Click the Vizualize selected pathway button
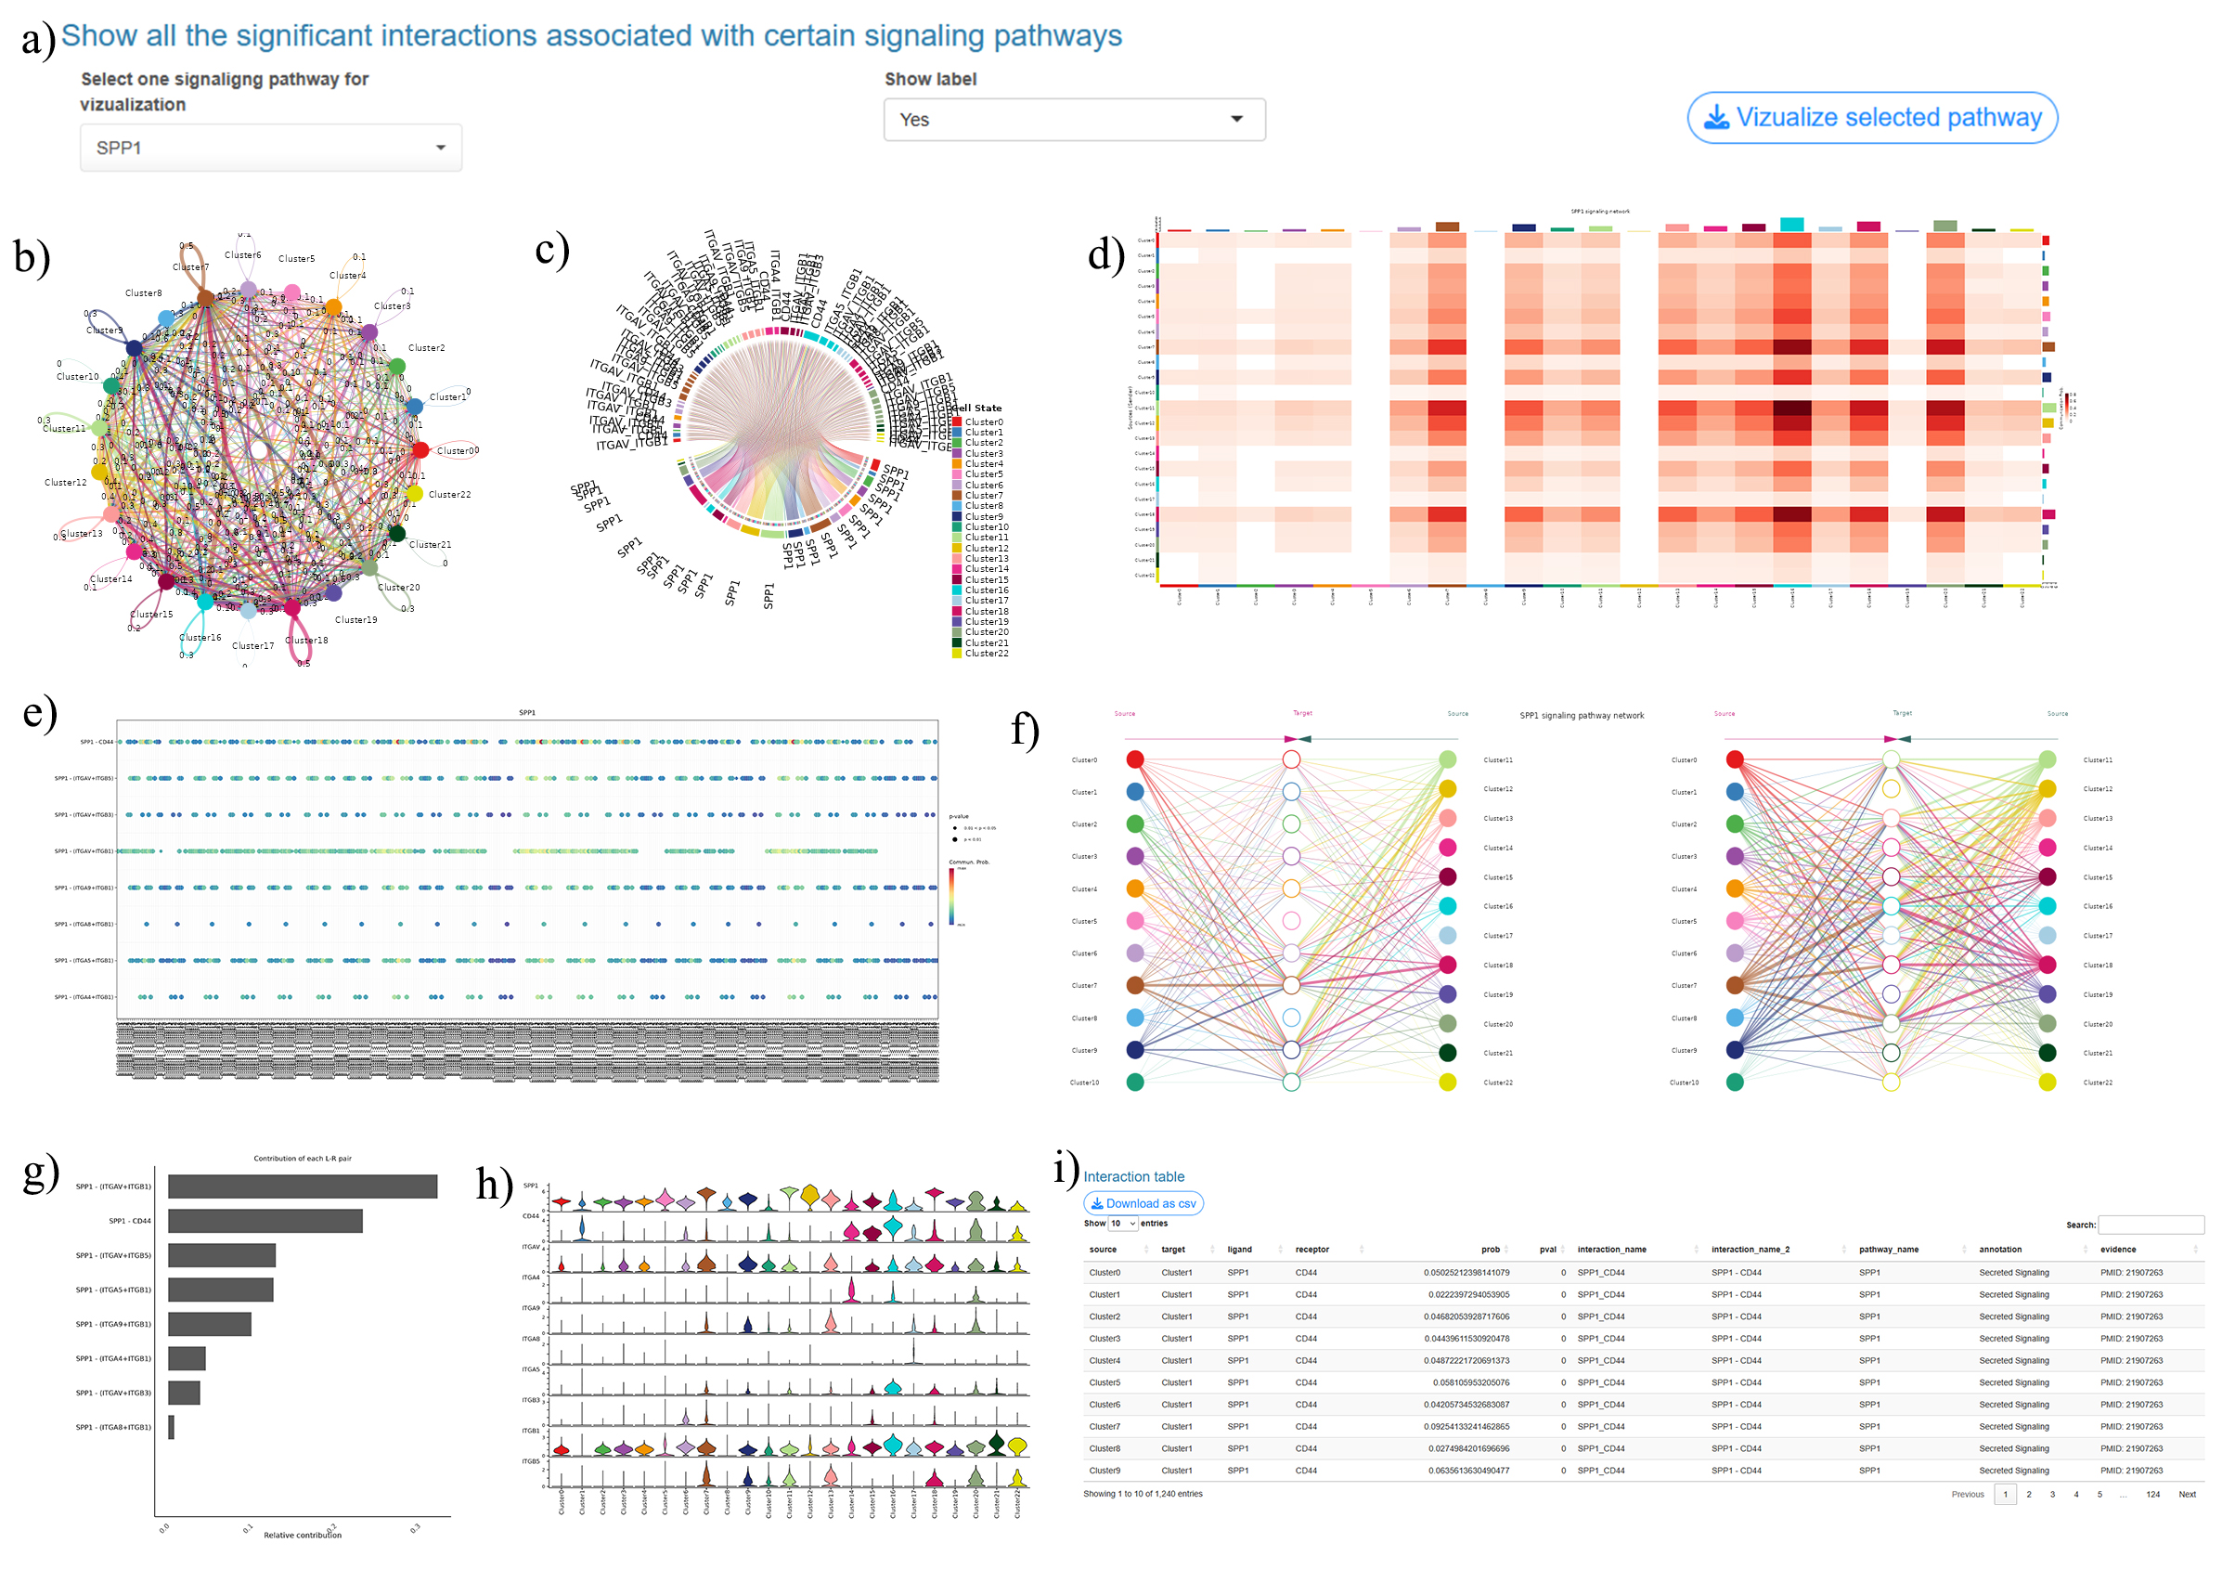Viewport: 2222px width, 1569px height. tap(1872, 118)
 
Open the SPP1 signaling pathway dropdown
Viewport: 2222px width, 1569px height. tap(270, 149)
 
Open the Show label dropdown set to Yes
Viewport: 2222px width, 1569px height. tap(1073, 120)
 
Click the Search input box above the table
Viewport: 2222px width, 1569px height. tap(2150, 1225)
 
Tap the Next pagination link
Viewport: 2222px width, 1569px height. tap(2186, 1495)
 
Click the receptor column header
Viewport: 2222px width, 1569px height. tap(1311, 1250)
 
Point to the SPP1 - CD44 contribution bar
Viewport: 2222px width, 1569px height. tap(265, 1222)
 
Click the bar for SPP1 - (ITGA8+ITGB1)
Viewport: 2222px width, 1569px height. tap(172, 1428)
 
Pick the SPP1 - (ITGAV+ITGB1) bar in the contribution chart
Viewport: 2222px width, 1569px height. tap(302, 1186)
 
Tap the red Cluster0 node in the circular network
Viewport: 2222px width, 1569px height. tap(420, 450)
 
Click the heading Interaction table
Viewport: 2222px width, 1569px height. tap(1133, 1177)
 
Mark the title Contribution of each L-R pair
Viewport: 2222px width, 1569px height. tap(302, 1159)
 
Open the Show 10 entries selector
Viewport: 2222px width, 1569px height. tap(1123, 1224)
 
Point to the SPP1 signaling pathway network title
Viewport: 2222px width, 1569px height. tap(1582, 716)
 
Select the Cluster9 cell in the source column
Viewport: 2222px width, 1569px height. tap(1105, 1471)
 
